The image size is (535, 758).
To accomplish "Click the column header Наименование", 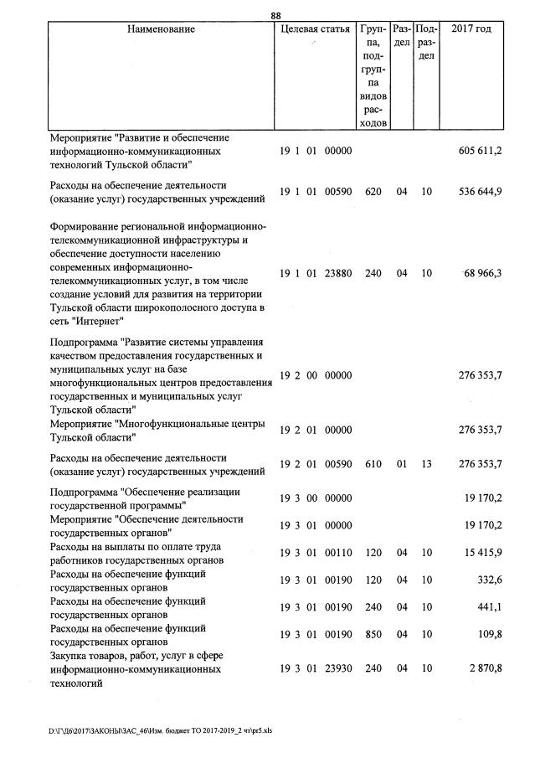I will coord(161,29).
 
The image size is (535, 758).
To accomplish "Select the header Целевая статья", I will coord(315,29).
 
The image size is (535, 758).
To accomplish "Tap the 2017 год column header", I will coord(471,29).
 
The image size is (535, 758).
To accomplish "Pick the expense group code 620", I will coord(373,192).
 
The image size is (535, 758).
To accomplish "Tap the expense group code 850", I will coord(373,636).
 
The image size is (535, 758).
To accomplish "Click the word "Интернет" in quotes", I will coord(99,321).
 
